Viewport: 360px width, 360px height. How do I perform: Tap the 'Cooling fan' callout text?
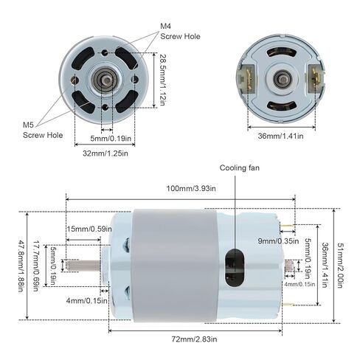239,168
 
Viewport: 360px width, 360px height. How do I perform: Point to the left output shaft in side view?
87,265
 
